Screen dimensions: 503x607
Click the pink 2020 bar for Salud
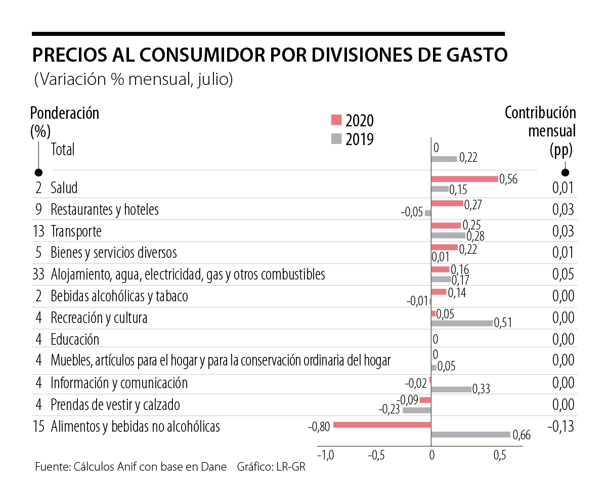click(x=464, y=178)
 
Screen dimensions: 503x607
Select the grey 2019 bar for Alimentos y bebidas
click(x=470, y=434)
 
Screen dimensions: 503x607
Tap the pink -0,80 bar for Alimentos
click(x=382, y=425)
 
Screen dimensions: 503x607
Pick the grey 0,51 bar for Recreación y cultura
click(x=461, y=323)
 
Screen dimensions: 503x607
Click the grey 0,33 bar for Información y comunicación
click(x=451, y=389)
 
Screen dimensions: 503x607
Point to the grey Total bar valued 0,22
click(x=444, y=159)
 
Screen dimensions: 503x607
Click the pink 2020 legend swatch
click(x=336, y=120)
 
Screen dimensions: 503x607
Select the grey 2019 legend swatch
click(x=336, y=138)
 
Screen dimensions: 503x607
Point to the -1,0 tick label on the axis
click(x=325, y=455)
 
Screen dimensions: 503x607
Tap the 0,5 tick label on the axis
click(x=499, y=455)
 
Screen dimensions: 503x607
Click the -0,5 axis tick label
click(x=377, y=455)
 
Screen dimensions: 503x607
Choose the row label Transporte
click(x=76, y=231)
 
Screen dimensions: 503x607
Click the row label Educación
click(x=75, y=339)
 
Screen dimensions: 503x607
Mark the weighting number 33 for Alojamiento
click(x=38, y=275)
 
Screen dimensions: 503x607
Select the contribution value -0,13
click(x=560, y=427)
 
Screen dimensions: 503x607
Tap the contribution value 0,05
click(x=563, y=275)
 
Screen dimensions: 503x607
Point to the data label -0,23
click(x=389, y=410)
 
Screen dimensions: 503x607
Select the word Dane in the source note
click(x=214, y=467)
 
